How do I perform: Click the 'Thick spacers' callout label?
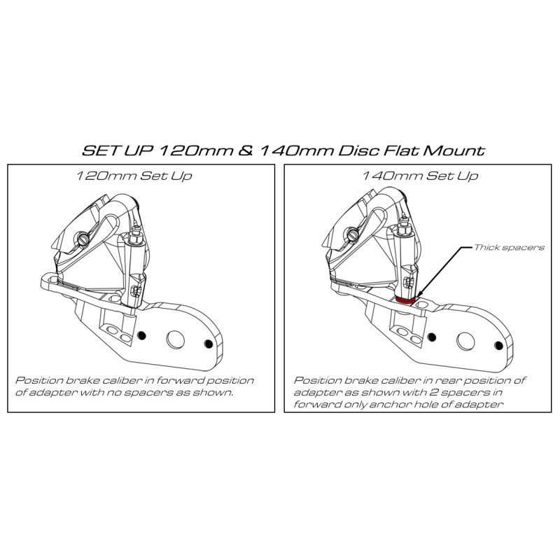click(498, 248)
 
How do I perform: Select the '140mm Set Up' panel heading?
click(421, 176)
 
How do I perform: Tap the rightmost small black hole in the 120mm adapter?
click(209, 343)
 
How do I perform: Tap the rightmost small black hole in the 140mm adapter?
click(498, 344)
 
